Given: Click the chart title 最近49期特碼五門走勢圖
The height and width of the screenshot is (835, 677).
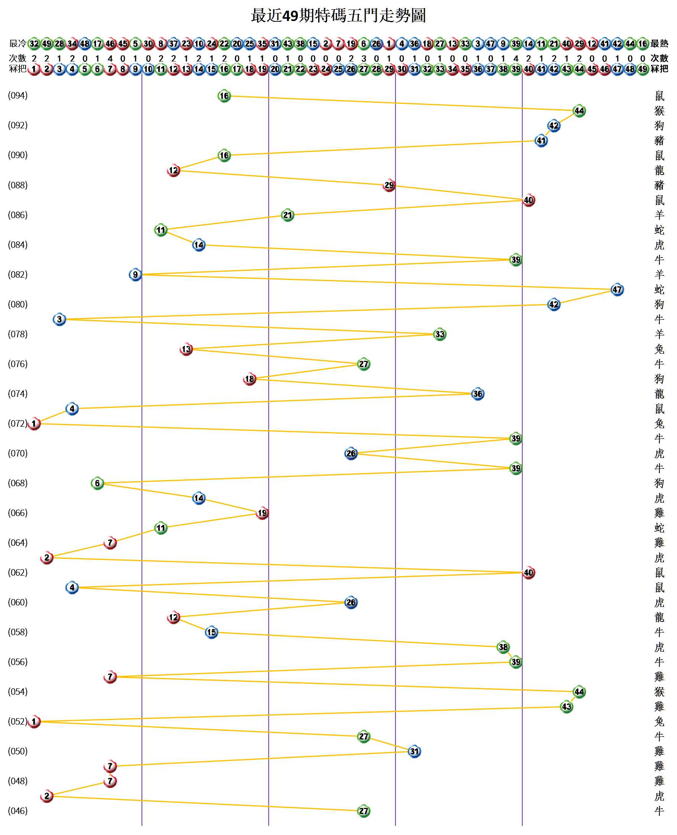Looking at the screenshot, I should coord(338,16).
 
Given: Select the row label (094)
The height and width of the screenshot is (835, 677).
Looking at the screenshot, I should coord(18,95).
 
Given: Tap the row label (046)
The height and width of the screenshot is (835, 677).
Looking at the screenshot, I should coord(18,811).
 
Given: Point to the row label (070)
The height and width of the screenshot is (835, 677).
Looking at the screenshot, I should coord(18,453).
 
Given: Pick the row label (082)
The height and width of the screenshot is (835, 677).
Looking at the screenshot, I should coord(18,274).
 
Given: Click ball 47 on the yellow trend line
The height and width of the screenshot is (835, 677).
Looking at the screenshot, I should coord(617,290).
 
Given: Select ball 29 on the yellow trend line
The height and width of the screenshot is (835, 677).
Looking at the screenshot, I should coord(389,185).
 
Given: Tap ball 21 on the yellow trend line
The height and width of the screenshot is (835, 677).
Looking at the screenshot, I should coord(287,215).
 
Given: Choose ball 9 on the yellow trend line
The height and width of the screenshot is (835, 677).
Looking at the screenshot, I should coord(135,275).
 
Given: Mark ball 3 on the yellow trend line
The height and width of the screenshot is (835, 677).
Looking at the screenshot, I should coord(59,320).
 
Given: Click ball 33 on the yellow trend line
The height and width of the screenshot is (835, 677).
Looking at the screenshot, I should coord(439,335).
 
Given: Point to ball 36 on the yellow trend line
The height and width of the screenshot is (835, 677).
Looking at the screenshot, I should coord(478,394).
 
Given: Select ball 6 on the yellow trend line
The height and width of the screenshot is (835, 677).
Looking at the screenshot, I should coord(97,483).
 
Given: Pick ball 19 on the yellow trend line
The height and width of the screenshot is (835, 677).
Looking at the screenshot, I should coord(262,513).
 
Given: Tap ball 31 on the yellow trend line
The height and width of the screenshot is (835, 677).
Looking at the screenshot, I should coord(414,752).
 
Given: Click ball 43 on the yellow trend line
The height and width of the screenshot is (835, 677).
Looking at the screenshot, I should coord(566,707).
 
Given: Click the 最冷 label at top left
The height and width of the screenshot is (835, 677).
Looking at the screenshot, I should coord(18,43).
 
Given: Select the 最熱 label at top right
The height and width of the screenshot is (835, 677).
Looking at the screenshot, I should coord(659,43).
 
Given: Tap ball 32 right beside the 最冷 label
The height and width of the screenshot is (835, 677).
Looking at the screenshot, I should coord(34,43).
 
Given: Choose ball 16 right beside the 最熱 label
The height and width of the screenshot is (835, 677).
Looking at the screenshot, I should coord(643,43).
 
